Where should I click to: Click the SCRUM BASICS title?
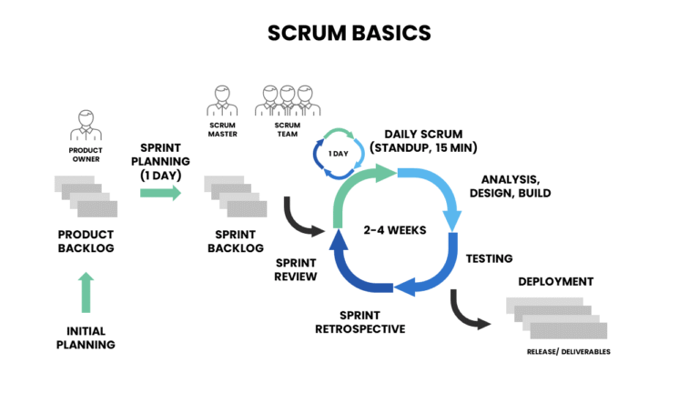point(349,33)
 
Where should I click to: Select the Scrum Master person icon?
point(223,101)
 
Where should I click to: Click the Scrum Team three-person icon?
point(287,101)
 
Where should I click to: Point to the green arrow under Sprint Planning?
point(161,193)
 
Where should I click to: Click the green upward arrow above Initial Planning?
point(86,292)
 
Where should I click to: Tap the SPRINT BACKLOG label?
point(235,240)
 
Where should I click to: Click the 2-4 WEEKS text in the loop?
point(394,229)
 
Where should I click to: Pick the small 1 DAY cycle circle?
point(338,152)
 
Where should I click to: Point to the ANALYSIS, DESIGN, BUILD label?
point(510,186)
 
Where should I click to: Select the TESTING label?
point(489,258)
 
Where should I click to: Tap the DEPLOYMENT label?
point(555,281)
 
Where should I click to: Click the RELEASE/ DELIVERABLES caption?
point(569,351)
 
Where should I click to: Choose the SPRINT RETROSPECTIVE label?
point(360,321)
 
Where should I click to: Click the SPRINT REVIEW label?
point(296,268)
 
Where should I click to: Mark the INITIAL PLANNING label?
point(86,338)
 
